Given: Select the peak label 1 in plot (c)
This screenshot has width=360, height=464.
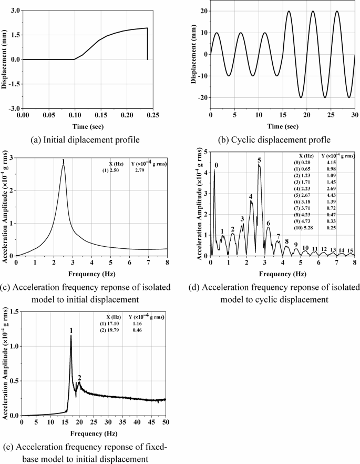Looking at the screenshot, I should coord(63,161).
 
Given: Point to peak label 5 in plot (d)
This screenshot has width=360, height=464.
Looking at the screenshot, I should coord(259,160).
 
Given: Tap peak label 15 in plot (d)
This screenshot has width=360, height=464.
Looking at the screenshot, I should coord(351,250).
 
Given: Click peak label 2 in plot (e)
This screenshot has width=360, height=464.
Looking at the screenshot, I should coord(79,378).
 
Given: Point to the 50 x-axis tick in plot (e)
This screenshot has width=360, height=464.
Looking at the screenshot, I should coord(166,422).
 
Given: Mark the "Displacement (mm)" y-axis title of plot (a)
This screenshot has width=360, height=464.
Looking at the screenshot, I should coord(5,59).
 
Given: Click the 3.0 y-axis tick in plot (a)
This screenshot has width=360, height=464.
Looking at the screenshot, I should coord(14,11).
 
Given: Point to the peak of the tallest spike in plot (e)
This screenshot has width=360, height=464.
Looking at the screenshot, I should coord(71,336).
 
